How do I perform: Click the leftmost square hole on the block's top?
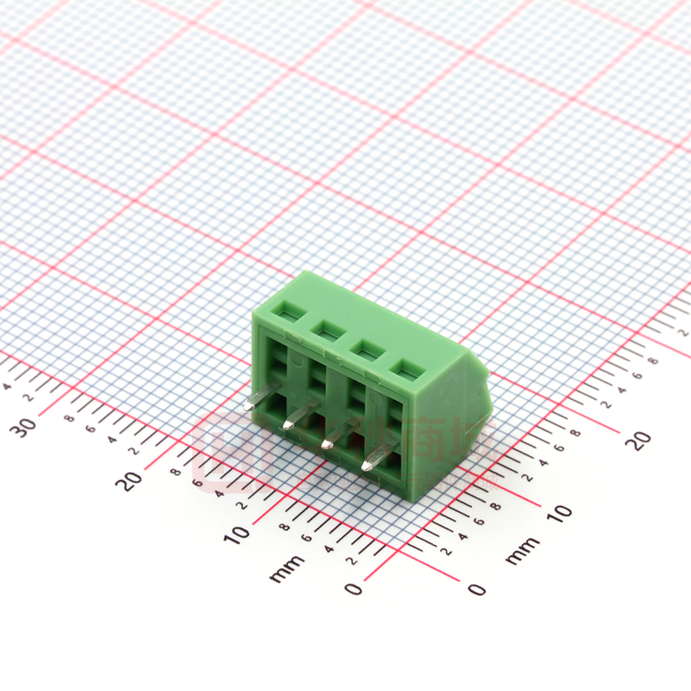click(x=290, y=312)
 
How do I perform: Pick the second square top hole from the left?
click(x=327, y=331)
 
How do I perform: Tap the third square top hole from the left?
click(x=365, y=349)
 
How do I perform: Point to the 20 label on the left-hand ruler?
click(x=132, y=480)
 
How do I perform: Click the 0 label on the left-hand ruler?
click(x=352, y=589)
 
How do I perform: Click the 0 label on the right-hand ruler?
click(x=477, y=589)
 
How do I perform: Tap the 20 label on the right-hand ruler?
click(x=639, y=439)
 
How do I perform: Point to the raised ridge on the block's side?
click(x=483, y=399)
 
